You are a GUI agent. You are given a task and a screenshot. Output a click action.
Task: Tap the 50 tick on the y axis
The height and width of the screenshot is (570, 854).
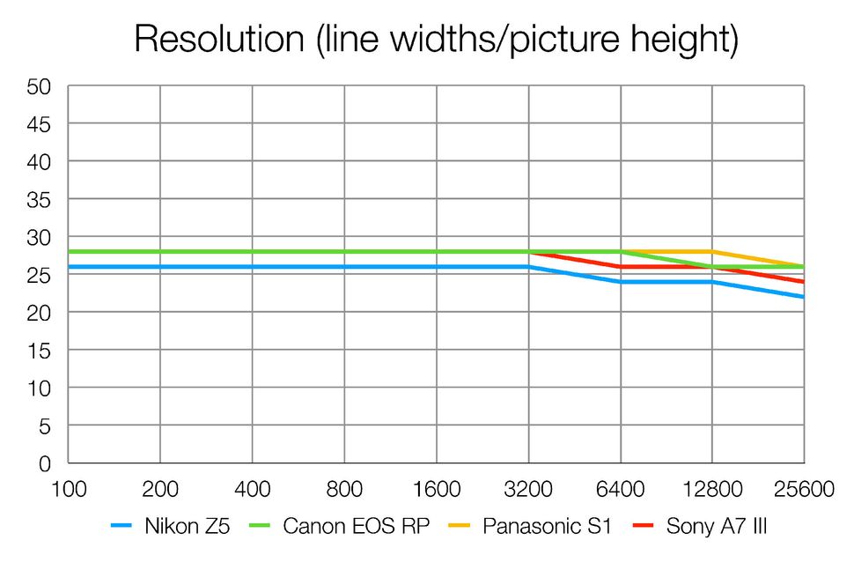point(40,86)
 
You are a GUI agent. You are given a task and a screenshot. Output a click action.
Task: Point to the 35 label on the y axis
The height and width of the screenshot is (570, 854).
point(40,200)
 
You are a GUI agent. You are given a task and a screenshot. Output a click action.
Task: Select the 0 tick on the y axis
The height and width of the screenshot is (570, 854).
point(45,463)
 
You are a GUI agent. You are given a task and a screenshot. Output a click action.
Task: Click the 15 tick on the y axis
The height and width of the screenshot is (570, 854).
point(40,351)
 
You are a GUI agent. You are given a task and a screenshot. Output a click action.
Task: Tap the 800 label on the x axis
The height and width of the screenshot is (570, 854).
point(344,489)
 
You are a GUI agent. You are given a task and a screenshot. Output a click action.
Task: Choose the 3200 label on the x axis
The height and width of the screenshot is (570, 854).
point(528,489)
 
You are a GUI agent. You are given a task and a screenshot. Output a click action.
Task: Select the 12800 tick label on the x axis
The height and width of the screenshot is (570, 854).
point(712,489)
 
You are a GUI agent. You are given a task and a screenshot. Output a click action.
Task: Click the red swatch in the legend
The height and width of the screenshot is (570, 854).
point(648,527)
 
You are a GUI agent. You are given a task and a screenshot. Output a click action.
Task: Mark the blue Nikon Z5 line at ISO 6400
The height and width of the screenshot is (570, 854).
point(621,282)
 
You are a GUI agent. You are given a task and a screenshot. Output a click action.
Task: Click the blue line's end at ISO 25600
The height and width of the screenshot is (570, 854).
point(803,297)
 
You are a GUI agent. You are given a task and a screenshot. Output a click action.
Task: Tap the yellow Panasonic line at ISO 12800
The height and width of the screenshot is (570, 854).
point(712,252)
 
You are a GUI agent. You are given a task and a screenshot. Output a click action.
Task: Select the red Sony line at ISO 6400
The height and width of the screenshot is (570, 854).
point(621,267)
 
